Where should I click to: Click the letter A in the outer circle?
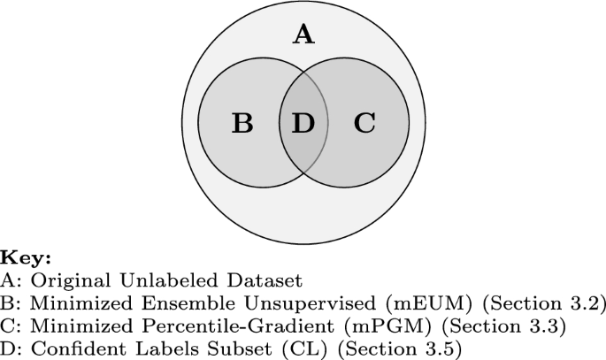[x=303, y=34]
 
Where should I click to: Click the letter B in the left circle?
[x=242, y=123]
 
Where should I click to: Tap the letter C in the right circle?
[x=364, y=123]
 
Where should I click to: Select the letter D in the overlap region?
[x=303, y=123]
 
